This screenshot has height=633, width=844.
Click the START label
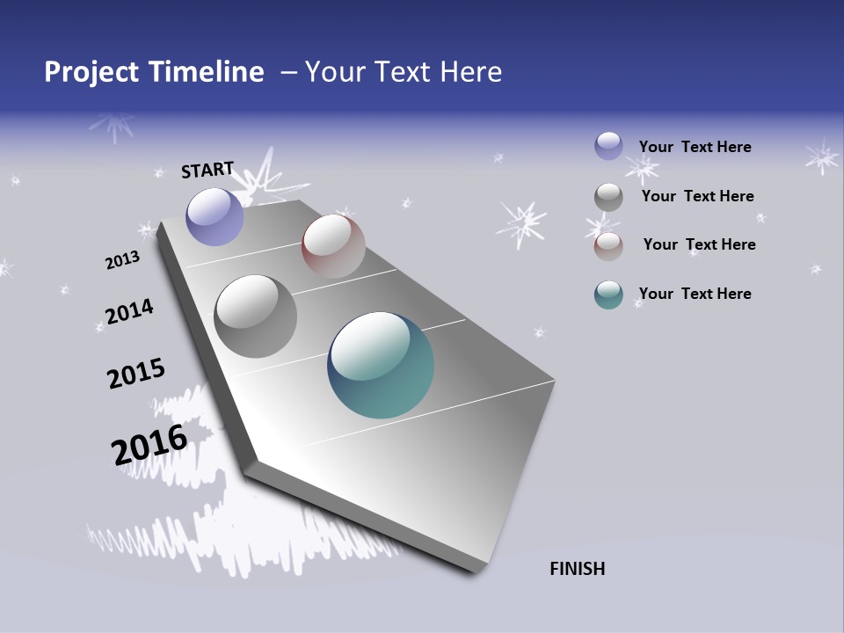[x=207, y=170]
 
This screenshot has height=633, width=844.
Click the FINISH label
[x=577, y=569]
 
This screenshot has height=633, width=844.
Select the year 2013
[x=122, y=260]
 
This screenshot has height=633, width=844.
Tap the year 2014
[x=129, y=312]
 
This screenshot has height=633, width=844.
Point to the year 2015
[x=136, y=374]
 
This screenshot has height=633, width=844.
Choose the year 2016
[x=149, y=445]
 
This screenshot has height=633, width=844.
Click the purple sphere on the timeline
[x=215, y=216]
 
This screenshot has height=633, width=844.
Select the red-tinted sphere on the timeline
[x=333, y=246]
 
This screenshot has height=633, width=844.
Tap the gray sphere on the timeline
[x=255, y=316]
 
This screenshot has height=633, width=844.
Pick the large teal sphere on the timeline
[x=381, y=365]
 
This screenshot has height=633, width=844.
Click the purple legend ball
[x=608, y=146]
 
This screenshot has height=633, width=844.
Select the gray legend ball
[x=608, y=197]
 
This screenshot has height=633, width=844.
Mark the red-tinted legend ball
[x=608, y=246]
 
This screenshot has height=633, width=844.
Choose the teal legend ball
[x=608, y=295]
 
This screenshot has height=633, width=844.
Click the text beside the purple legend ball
[x=695, y=147]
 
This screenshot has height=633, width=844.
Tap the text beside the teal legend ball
[x=695, y=294]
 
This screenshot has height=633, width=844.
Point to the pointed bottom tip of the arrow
[x=475, y=570]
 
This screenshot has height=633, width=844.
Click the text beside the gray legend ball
[x=697, y=196]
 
